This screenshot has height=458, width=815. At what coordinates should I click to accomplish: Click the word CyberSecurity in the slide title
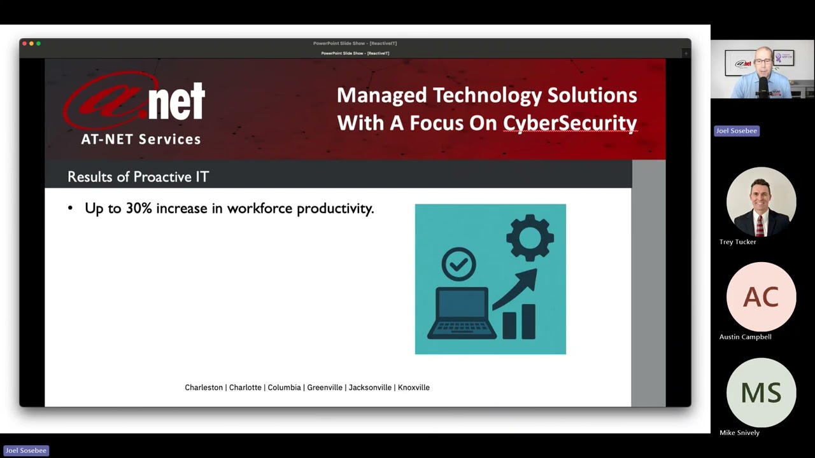570,123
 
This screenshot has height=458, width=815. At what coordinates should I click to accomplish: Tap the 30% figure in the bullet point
139,209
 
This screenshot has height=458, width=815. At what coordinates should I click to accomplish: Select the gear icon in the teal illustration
530,238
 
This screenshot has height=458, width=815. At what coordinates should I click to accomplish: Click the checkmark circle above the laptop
458,264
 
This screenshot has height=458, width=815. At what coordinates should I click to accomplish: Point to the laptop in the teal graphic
462,313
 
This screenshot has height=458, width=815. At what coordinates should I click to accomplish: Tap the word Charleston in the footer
204,387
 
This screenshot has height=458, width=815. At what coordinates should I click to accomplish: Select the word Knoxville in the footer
414,387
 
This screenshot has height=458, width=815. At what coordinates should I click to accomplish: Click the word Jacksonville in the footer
370,387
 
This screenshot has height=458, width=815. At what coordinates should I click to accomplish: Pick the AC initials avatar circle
761,297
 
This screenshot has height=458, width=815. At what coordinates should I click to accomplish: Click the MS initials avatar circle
761,393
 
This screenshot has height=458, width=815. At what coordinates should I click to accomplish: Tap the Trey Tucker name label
737,242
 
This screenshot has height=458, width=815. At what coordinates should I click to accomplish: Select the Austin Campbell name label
745,337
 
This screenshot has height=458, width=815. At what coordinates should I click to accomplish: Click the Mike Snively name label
739,433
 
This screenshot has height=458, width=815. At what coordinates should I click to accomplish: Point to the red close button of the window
24,43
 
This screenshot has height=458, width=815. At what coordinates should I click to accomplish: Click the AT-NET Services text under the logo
141,139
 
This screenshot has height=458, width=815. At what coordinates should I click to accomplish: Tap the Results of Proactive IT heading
138,177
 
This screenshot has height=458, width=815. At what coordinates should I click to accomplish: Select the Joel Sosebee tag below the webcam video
736,131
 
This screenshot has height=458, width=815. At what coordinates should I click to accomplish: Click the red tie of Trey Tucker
760,225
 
